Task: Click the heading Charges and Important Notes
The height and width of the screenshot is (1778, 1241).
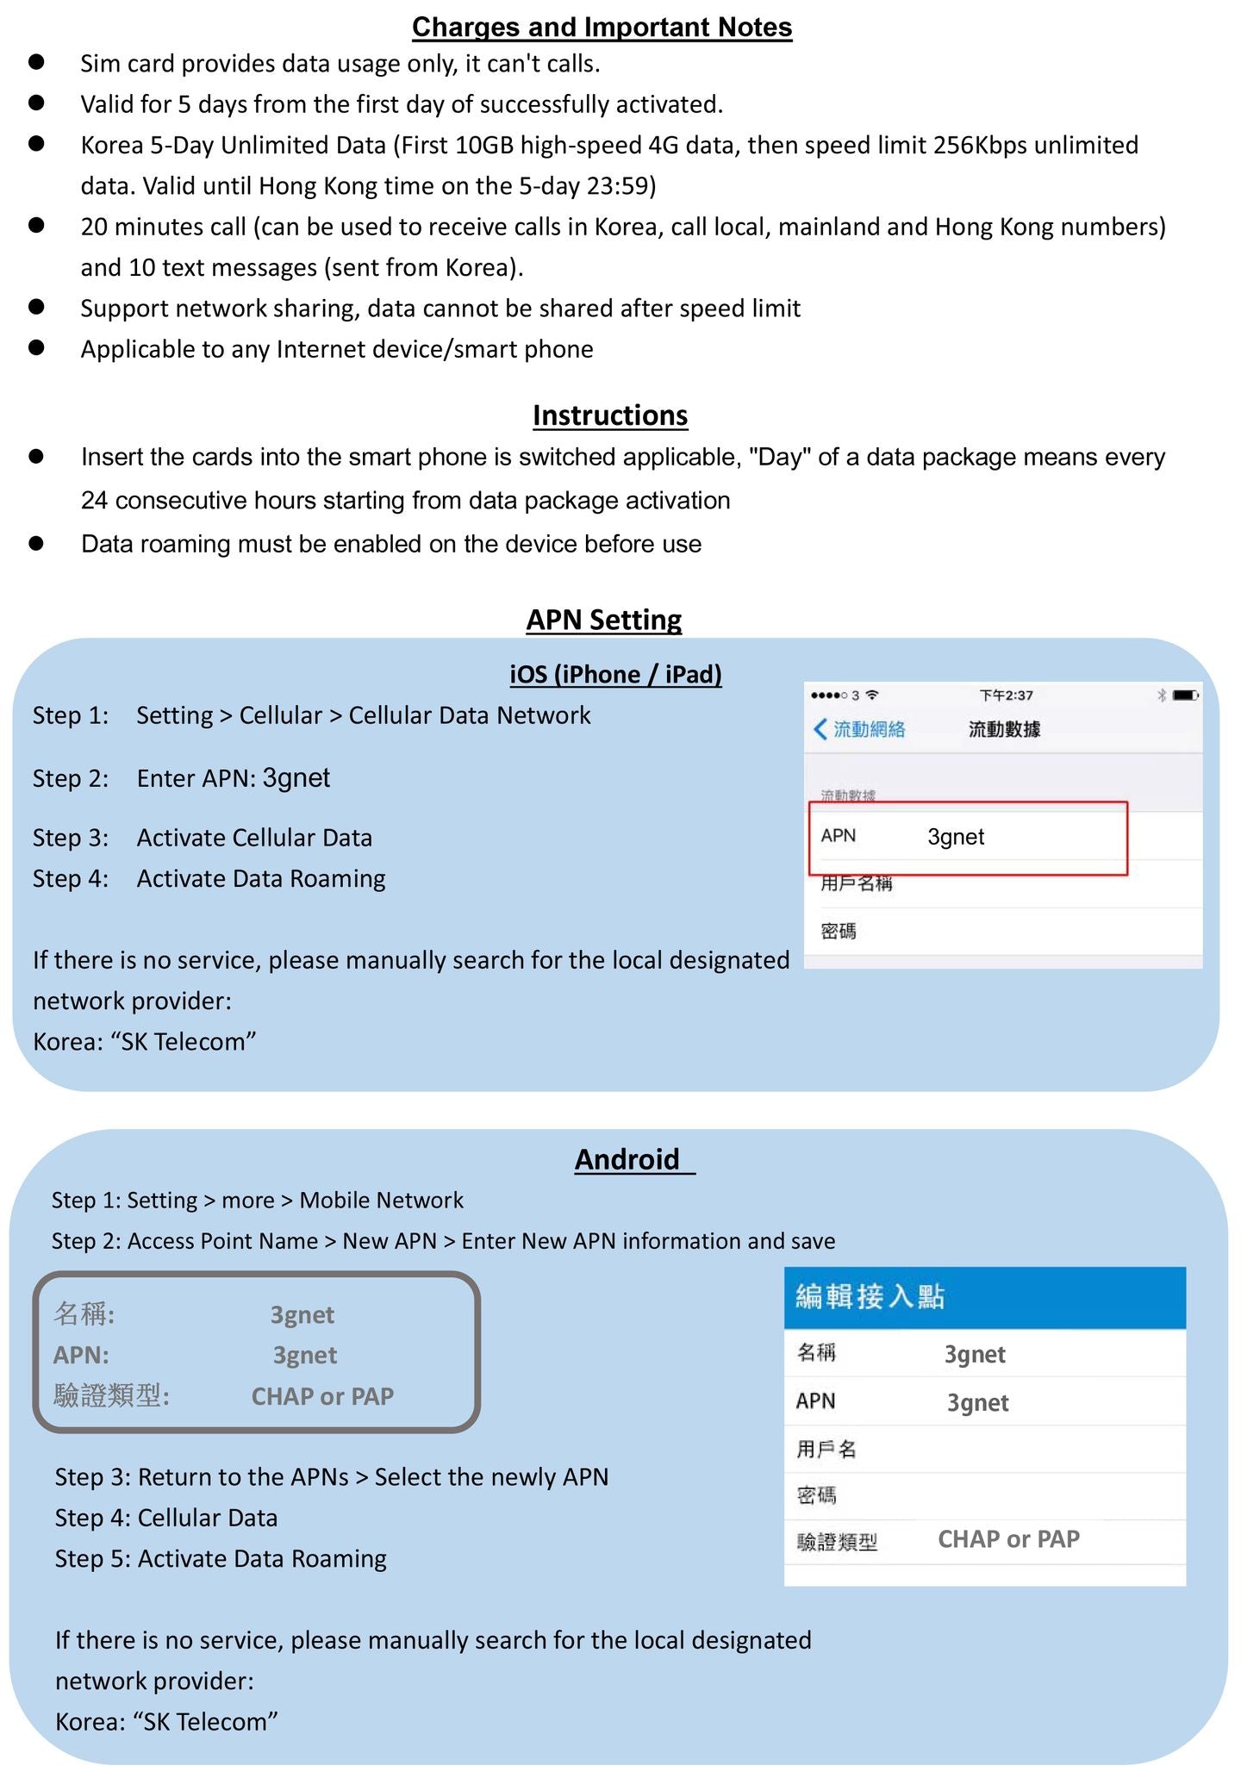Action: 602,28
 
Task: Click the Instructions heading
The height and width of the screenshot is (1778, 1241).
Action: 610,415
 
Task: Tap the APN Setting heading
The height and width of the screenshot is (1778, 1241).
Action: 604,620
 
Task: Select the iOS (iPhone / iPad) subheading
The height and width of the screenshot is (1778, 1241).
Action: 615,674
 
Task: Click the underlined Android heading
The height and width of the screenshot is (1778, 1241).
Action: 627,1159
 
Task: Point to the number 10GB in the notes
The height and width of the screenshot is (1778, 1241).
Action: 483,145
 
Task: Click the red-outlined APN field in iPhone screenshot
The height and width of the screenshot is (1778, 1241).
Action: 968,838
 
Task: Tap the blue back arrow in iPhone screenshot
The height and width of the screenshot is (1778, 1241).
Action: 820,729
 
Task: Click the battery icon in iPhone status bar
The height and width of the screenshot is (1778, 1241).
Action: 1185,695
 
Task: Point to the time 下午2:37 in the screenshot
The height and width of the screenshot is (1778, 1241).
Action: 1006,696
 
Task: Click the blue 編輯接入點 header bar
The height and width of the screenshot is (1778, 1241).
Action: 984,1296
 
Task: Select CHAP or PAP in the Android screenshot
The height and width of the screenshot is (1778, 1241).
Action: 1008,1539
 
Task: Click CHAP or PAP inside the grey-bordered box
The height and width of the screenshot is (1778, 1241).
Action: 322,1396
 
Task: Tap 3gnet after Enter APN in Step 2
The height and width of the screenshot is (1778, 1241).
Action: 296,778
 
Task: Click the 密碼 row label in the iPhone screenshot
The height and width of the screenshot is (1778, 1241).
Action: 839,932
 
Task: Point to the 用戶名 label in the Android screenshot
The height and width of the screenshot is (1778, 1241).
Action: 826,1450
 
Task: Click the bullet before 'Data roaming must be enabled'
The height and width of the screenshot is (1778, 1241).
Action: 36,543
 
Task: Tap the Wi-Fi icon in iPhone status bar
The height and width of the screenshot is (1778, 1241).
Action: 872,695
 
